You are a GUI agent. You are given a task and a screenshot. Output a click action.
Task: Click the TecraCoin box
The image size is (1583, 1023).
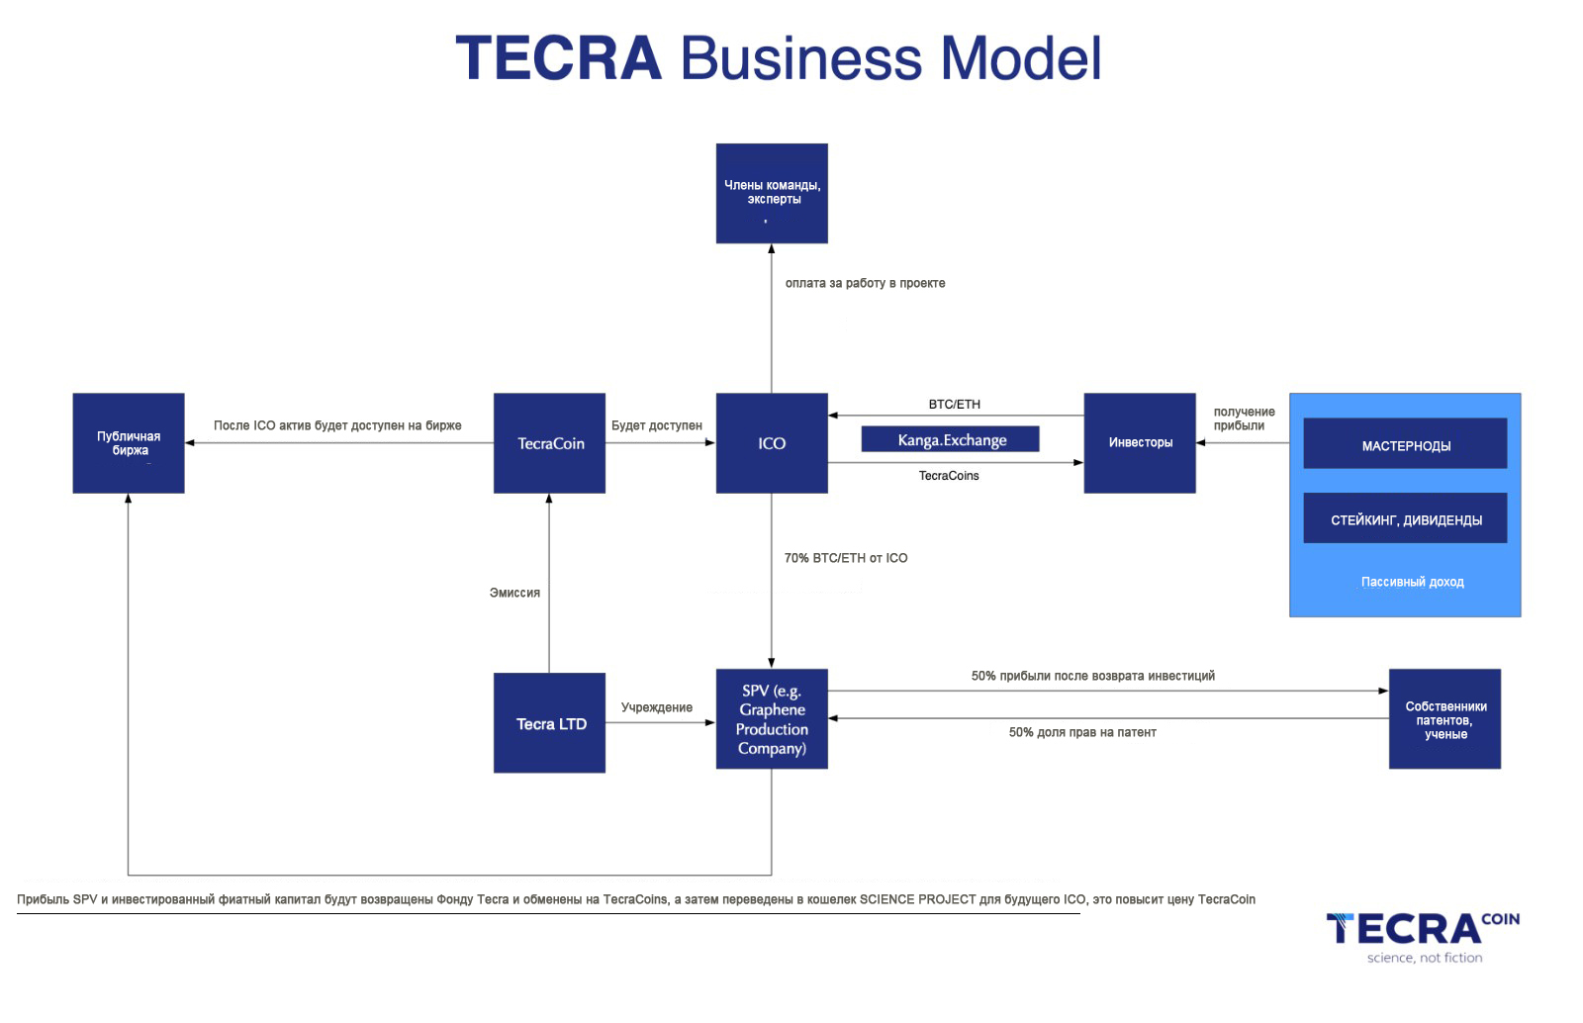(549, 443)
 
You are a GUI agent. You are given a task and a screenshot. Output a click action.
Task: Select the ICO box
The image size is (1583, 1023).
(772, 443)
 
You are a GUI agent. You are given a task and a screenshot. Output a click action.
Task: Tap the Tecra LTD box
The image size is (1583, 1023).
(549, 723)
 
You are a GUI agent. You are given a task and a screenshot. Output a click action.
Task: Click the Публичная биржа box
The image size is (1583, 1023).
(129, 443)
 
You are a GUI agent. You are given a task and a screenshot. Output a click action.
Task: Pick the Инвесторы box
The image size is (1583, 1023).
(1140, 443)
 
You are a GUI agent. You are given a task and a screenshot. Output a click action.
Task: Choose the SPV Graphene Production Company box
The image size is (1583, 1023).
(772, 718)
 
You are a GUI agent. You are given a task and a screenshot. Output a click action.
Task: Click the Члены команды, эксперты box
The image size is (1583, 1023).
(772, 194)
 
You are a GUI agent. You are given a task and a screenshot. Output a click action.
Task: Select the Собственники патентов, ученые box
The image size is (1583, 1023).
(1444, 718)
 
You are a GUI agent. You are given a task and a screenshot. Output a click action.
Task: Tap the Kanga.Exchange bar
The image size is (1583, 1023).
(951, 438)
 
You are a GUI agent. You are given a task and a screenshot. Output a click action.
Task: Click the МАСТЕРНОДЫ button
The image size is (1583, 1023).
(1405, 443)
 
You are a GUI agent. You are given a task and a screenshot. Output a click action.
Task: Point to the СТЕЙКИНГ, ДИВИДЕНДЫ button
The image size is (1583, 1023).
(1405, 517)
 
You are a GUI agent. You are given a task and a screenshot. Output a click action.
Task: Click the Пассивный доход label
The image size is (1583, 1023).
(1412, 582)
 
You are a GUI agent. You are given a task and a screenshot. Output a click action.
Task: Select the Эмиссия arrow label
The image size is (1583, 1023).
(514, 593)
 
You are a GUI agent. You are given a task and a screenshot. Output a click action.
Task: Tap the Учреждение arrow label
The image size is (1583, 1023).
(657, 707)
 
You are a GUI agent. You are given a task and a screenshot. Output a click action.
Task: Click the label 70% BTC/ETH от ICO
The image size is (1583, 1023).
(846, 558)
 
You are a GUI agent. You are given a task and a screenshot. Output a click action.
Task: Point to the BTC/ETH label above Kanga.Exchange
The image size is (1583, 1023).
(954, 404)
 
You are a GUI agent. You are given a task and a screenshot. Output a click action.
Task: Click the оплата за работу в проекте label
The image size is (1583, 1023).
(865, 283)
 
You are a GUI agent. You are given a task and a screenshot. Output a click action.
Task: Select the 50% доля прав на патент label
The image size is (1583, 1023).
(1082, 733)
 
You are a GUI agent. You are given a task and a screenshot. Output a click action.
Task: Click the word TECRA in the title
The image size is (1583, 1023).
(558, 58)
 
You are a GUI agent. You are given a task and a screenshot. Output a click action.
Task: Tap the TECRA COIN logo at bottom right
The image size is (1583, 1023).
(1423, 938)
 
